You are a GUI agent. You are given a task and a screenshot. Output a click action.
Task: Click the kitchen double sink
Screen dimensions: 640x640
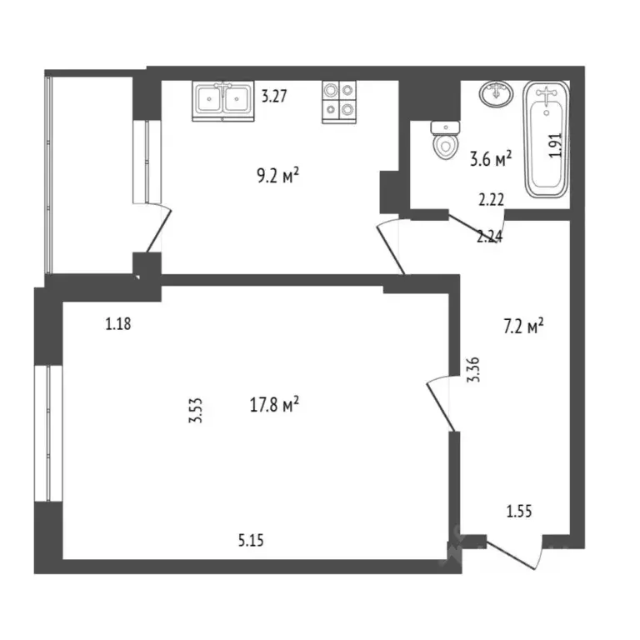coord(223,101)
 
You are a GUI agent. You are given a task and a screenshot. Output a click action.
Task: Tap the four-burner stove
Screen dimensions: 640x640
coord(339,101)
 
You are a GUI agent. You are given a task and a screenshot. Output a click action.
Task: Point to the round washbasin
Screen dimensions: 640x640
coord(497,93)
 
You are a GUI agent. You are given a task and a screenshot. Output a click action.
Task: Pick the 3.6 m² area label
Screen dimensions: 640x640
coord(490,157)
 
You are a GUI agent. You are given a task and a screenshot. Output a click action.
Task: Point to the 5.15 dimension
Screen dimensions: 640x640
coord(251,540)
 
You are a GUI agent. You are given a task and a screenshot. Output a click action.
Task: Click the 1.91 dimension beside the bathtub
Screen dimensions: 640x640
coord(557,146)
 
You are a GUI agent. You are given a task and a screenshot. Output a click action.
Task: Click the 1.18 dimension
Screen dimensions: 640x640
coord(119,325)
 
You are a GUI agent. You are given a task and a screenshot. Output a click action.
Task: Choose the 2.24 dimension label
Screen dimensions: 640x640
coord(489,236)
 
